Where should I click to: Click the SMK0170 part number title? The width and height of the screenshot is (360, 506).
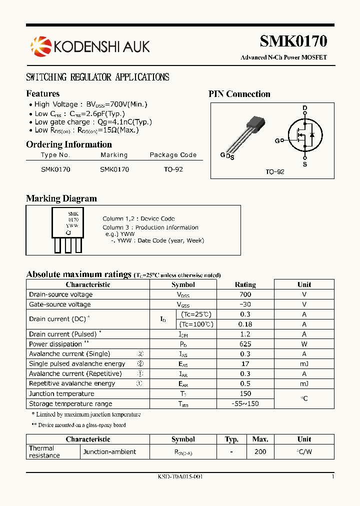(x=293, y=41)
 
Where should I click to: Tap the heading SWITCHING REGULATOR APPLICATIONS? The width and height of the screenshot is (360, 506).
(x=97, y=77)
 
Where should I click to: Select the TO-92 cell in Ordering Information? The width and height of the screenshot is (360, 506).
(x=173, y=169)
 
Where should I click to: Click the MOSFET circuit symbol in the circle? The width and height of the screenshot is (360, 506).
(x=304, y=135)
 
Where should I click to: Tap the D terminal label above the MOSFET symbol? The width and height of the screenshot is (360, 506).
(x=305, y=108)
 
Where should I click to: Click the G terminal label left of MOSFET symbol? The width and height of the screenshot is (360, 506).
(x=277, y=140)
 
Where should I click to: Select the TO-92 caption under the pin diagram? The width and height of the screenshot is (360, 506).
(x=274, y=171)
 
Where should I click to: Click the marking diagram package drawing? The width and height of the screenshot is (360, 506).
(x=68, y=230)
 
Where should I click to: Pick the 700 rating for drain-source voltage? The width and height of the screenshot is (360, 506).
(x=245, y=294)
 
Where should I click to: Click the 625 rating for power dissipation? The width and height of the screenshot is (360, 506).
(x=245, y=344)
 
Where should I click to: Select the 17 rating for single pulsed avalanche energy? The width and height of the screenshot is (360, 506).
(x=245, y=364)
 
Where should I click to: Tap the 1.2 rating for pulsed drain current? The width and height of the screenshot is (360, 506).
(x=245, y=334)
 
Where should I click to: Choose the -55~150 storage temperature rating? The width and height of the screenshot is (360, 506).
(x=245, y=403)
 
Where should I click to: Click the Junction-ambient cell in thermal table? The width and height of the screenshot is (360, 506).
(x=109, y=451)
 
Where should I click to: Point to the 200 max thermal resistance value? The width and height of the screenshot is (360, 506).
(x=260, y=451)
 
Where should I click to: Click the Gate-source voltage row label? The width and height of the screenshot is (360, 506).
(x=60, y=304)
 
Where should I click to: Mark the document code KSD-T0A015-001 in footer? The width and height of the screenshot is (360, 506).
(x=180, y=477)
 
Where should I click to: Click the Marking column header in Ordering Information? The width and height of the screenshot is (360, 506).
(x=114, y=155)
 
